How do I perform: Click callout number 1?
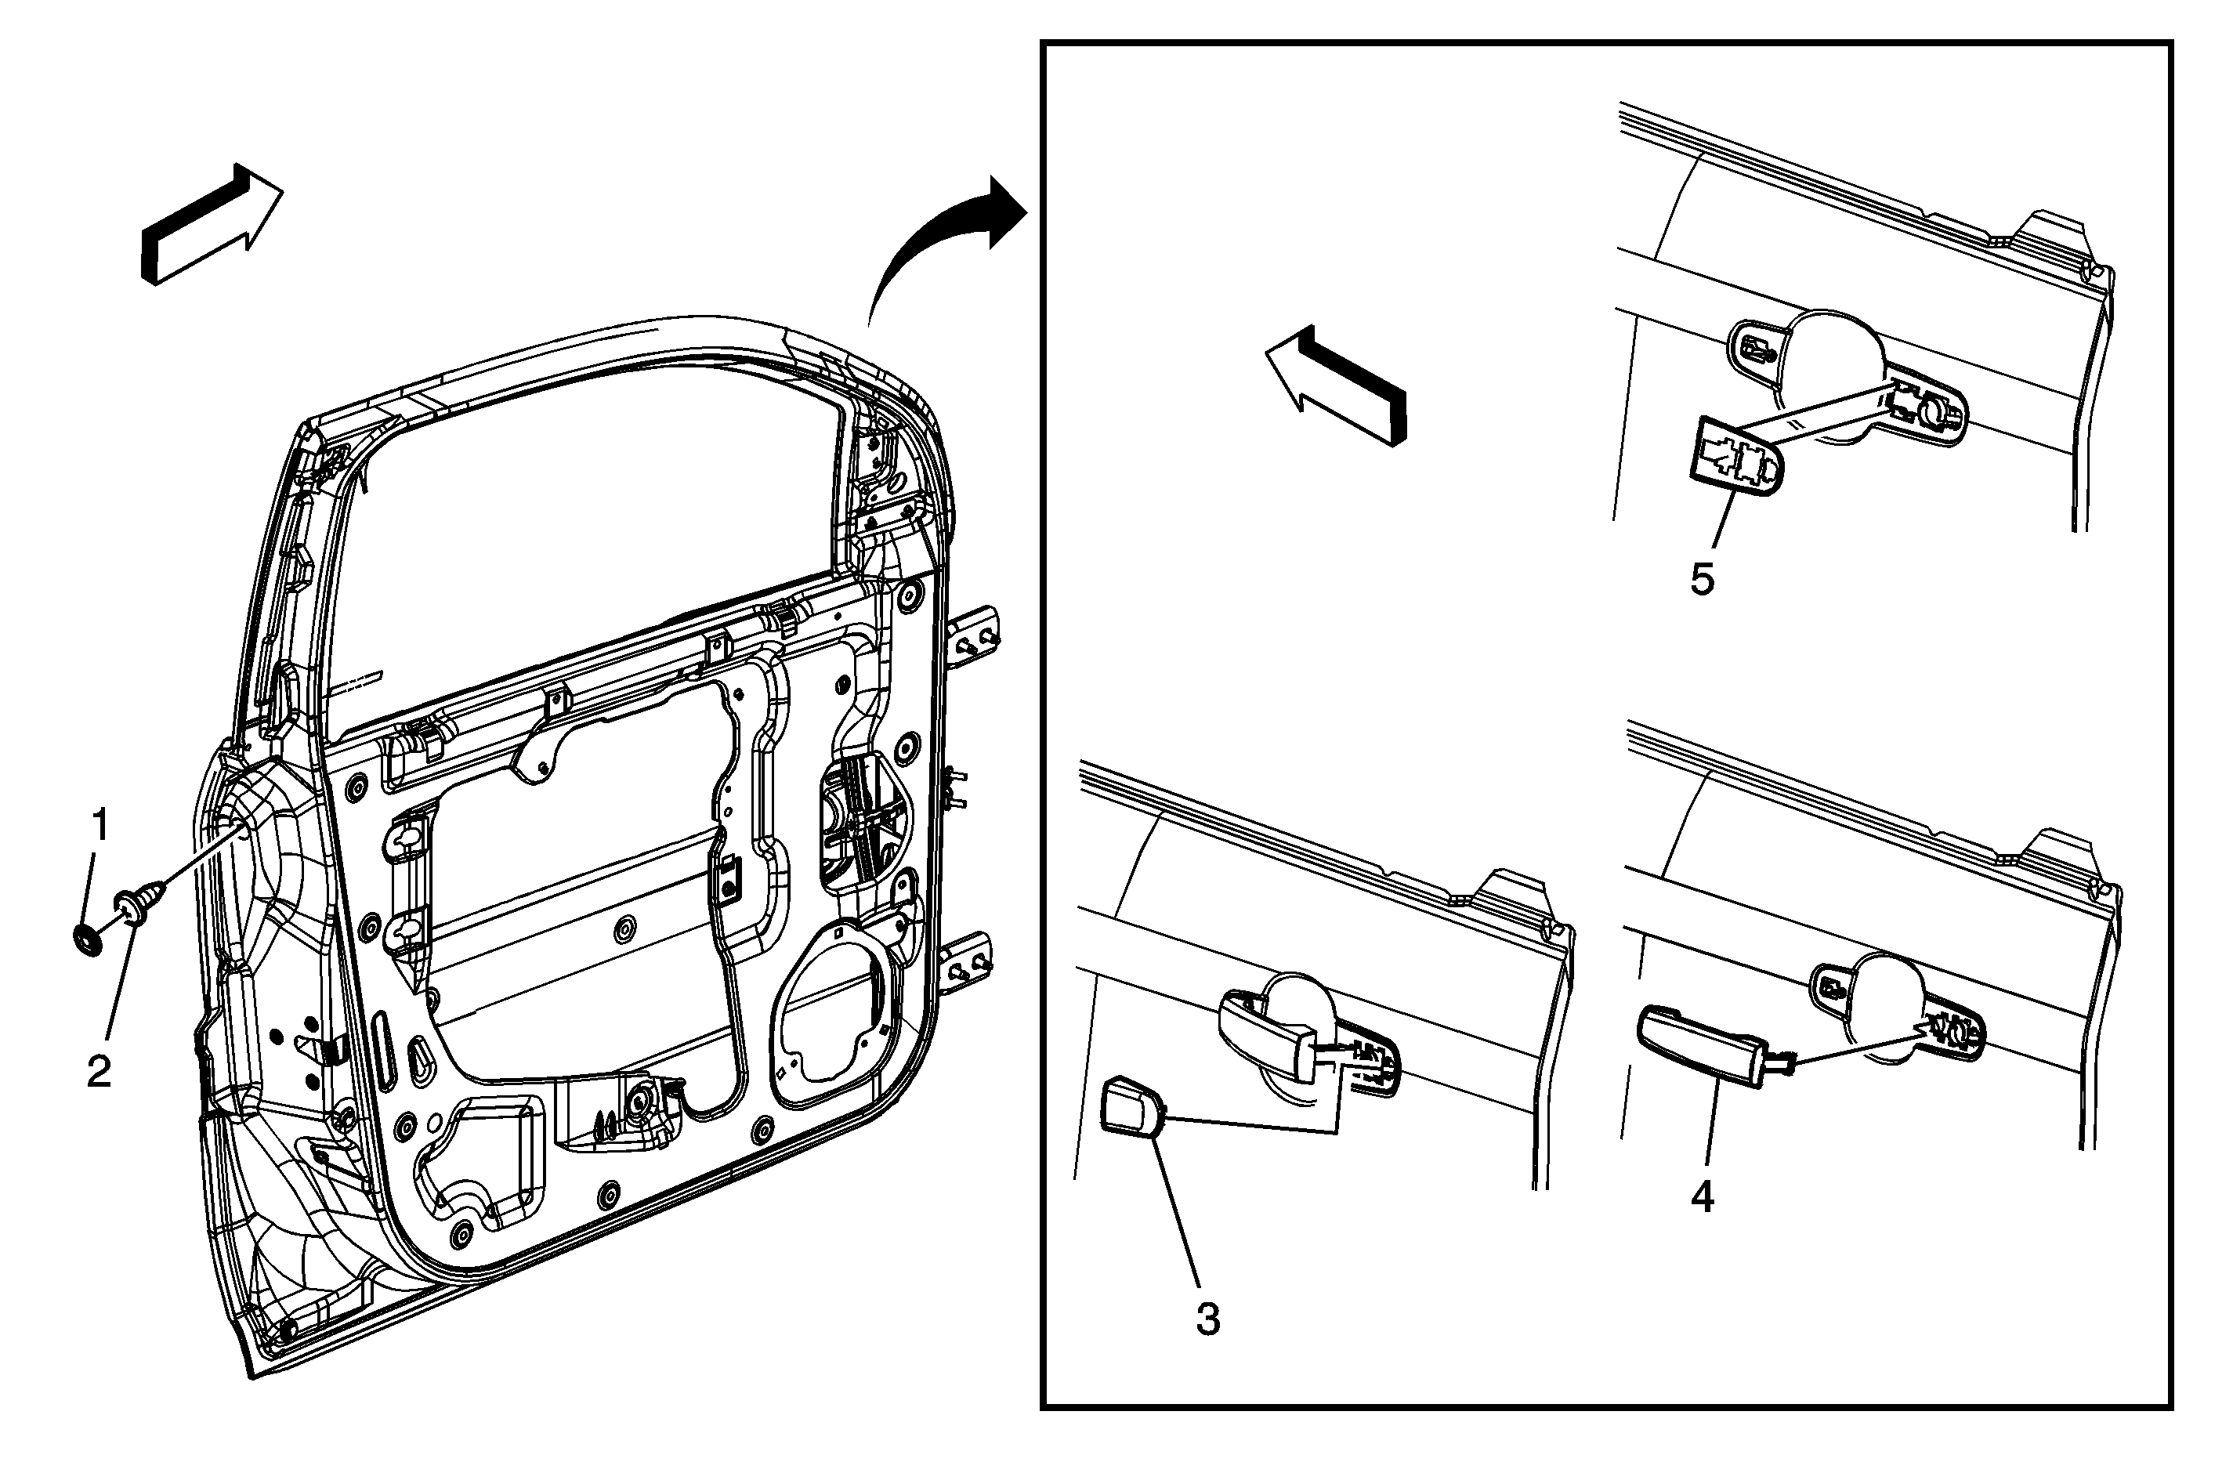pos(100,827)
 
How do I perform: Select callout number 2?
pos(100,1071)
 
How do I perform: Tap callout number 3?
pos(1207,1319)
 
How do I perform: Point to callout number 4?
pos(1703,1196)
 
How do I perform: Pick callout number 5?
pos(1702,579)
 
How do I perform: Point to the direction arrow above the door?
pos(211,225)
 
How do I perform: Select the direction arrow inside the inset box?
pos(1337,385)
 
